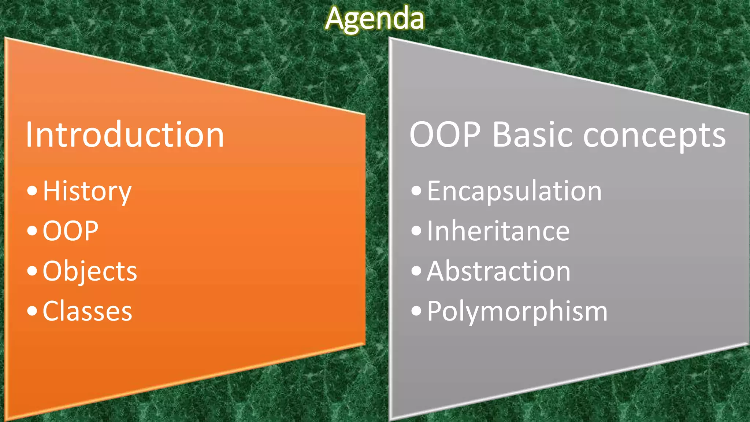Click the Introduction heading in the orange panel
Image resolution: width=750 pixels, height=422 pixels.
(125, 135)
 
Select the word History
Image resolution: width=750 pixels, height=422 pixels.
(87, 191)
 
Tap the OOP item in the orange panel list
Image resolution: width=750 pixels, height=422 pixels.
(70, 231)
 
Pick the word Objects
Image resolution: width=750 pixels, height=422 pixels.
(90, 271)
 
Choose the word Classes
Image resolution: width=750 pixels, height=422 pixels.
(87, 311)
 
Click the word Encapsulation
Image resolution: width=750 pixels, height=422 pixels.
(514, 191)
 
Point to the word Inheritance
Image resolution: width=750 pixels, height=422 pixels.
(498, 231)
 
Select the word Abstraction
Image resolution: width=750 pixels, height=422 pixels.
(498, 271)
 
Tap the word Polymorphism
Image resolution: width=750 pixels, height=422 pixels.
(517, 311)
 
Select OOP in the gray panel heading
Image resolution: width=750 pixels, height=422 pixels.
(445, 135)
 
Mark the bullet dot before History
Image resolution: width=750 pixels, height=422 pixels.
(32, 190)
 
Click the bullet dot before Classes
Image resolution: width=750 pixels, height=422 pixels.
(32, 311)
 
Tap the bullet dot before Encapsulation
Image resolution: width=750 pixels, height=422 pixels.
(416, 190)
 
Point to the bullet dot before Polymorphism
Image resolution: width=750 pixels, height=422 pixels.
(416, 311)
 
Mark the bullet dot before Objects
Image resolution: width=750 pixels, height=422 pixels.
(32, 271)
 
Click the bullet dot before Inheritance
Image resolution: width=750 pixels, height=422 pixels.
(416, 231)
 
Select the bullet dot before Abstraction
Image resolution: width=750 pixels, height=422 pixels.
(416, 271)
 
